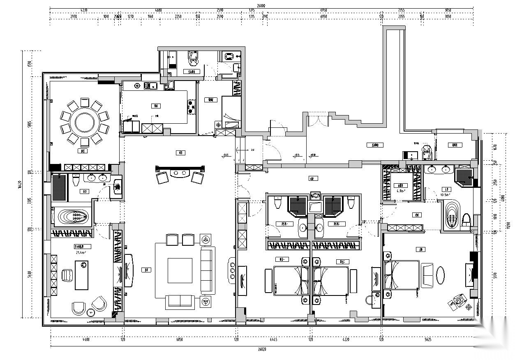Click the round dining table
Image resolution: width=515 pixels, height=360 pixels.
[85, 122]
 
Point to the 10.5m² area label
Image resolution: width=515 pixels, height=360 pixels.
[446, 195]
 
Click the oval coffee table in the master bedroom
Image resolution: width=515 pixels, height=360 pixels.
[440, 275]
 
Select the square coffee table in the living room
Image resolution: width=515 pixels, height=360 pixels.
[180, 270]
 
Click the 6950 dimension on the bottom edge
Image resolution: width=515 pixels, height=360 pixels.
[179, 339]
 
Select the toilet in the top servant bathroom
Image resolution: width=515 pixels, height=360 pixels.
[193, 59]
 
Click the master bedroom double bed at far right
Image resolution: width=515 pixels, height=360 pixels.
[401, 275]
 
